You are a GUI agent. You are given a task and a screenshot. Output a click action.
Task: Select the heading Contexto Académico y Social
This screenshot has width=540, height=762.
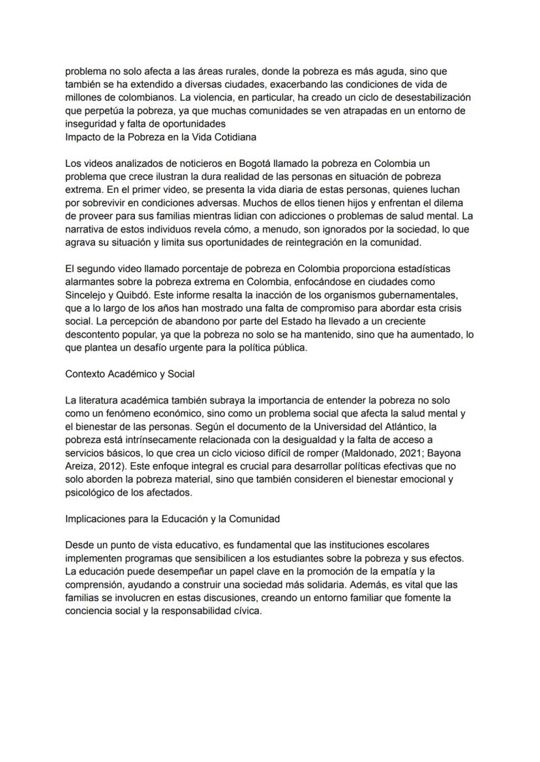coord(130,374)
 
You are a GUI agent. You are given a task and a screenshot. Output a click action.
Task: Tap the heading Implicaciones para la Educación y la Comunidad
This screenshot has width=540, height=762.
coord(172,519)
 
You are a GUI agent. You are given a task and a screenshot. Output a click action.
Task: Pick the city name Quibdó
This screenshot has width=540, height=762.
coord(134,294)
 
